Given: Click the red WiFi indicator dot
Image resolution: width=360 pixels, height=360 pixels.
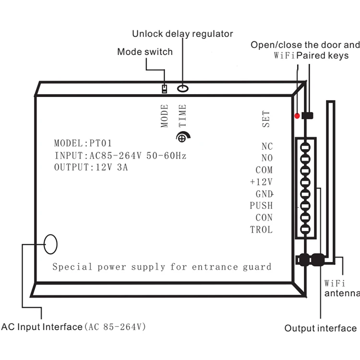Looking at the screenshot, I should click(x=297, y=116).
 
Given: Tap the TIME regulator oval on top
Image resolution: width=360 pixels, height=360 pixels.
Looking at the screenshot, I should click(x=183, y=89).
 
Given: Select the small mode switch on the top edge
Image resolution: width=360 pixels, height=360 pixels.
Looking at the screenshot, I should click(x=164, y=89).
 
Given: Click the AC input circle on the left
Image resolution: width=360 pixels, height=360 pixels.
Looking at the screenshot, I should click(x=50, y=244).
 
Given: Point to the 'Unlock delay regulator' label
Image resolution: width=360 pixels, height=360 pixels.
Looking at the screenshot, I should click(x=182, y=34).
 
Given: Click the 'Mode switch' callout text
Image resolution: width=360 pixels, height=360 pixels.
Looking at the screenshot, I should click(x=144, y=51).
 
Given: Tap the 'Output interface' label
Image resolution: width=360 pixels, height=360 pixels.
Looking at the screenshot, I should click(x=320, y=328).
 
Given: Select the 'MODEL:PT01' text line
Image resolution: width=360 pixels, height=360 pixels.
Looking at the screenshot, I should click(x=83, y=143).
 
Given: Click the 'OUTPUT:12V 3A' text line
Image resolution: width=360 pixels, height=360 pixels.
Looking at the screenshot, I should click(x=91, y=168).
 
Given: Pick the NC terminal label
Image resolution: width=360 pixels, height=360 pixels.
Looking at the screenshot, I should click(x=267, y=146).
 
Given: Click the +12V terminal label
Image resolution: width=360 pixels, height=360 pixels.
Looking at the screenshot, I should click(x=261, y=182).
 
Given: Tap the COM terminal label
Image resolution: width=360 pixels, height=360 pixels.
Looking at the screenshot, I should click(x=264, y=170).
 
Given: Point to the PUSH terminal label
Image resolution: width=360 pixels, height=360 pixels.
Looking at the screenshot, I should click(x=261, y=205).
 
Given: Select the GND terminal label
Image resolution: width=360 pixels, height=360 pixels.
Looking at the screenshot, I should click(x=264, y=194).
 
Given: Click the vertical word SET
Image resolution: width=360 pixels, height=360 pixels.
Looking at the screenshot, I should click(x=266, y=119).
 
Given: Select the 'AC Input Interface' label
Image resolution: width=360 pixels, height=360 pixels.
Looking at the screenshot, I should click(x=42, y=327).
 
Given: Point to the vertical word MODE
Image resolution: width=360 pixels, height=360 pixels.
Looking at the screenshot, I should click(x=165, y=116).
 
